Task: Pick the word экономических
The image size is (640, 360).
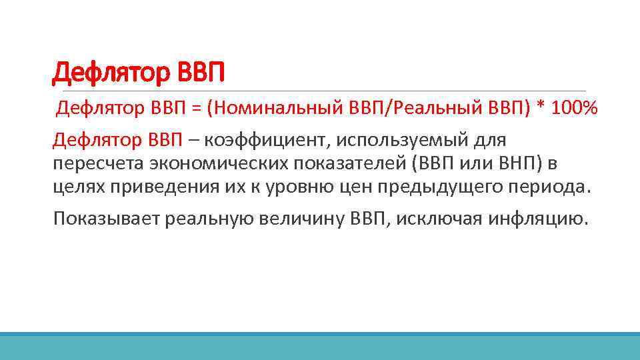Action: coord(213,163)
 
